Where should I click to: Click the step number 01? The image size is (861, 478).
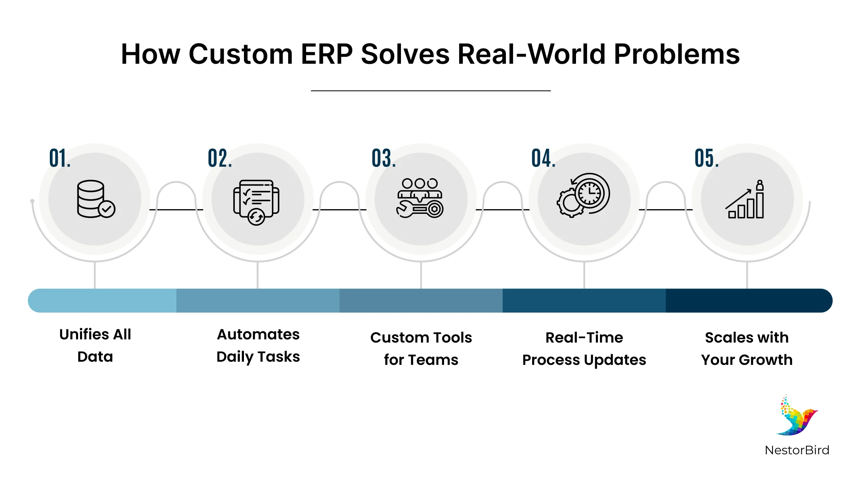coord(60,158)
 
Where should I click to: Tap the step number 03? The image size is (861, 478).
coord(383,158)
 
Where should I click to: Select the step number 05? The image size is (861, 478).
coord(706,158)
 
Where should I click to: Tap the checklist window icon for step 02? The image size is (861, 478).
coord(256,202)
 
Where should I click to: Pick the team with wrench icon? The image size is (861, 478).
coord(420,198)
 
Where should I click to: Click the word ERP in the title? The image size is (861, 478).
coord(326,54)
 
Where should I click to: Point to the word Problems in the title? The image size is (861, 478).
coord(676,54)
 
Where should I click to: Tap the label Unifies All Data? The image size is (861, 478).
coord(95,345)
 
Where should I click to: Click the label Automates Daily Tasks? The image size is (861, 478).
coord(258,345)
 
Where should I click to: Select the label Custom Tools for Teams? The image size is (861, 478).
coord(421,348)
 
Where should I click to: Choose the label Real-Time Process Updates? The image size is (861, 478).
coord(584,348)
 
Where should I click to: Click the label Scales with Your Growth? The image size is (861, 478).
coord(747,348)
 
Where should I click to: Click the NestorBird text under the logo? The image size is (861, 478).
coord(797,450)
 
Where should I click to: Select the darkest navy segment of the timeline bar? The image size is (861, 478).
coord(747,301)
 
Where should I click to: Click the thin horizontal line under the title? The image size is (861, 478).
coord(431,91)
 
